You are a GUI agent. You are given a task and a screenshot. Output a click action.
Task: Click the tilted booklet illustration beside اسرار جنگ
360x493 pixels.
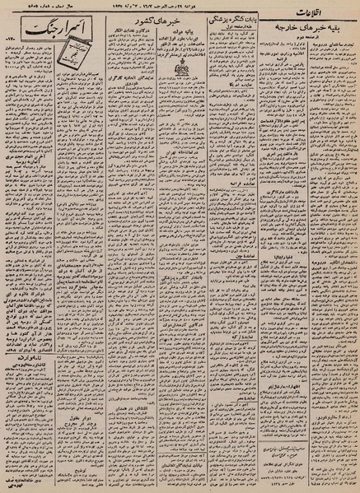pyautogui.click(x=92, y=35)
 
